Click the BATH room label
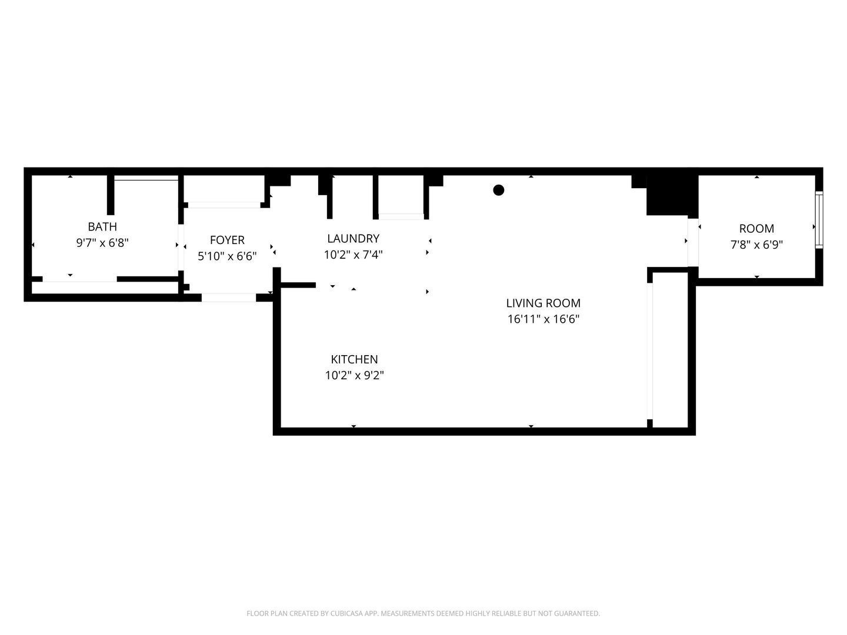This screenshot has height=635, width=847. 102,226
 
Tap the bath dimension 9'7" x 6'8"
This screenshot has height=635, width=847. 102,243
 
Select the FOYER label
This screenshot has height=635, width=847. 227,240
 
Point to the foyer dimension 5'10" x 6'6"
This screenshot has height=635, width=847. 227,256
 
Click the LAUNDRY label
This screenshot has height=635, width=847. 353,238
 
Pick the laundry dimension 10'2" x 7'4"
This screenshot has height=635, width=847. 353,255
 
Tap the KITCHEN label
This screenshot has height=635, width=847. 354,359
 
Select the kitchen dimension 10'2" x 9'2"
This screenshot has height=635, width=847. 354,375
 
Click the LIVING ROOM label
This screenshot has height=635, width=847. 543,303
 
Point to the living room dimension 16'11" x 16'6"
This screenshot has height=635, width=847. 543,319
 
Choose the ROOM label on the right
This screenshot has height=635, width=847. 756,229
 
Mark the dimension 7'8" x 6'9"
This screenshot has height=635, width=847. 756,245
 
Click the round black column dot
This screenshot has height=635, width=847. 498,190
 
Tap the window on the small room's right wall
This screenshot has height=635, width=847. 819,220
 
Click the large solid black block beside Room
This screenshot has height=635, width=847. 671,195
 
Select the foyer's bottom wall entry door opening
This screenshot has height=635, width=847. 229,298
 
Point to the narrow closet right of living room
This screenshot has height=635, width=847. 670,349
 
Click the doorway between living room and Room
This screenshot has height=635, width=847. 693,241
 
